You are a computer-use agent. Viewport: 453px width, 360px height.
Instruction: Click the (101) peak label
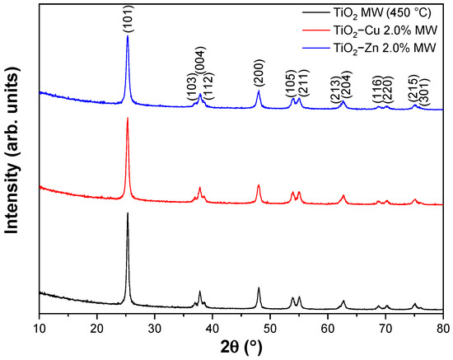click(127, 22)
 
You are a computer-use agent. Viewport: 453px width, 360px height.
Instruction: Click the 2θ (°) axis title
click(241, 347)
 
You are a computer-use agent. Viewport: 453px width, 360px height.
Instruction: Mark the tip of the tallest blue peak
click(128, 35)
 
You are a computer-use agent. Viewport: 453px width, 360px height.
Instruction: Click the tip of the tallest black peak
click(128, 213)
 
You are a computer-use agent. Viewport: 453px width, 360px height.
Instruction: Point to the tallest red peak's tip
click(128, 119)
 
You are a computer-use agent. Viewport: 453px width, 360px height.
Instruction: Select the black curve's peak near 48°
click(259, 288)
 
